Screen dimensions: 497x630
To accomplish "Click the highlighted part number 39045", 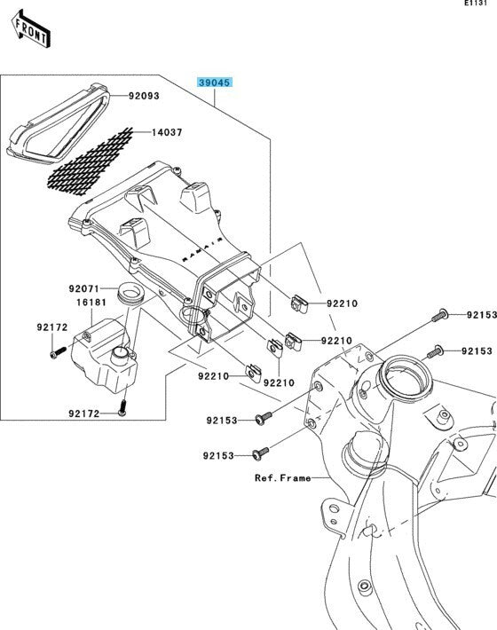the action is [215, 83].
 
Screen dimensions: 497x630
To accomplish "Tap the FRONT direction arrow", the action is [31, 29].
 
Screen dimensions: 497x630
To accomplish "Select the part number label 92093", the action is [144, 96].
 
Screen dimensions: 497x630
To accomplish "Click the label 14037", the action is [167, 132].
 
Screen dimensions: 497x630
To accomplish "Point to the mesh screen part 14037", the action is [90, 161].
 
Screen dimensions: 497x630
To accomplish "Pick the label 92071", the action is [83, 289].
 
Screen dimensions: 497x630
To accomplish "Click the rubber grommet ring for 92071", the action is [130, 294].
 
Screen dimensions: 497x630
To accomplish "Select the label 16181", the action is [91, 303].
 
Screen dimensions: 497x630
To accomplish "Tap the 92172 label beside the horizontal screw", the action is [52, 327].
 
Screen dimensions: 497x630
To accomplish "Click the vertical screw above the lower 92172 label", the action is [122, 407].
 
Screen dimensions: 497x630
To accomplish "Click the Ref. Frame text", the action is [283, 478].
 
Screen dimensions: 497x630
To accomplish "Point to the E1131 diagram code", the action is [476, 3].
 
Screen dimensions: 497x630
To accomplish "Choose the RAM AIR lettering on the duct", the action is [202, 249].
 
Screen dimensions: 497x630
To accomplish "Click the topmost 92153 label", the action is [481, 315].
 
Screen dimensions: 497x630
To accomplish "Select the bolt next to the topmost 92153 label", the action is [440, 315].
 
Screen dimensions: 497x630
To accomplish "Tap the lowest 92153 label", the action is [218, 455].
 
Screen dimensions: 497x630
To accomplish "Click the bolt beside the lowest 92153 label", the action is [261, 453].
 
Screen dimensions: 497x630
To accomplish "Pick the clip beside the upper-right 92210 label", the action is [299, 303].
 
